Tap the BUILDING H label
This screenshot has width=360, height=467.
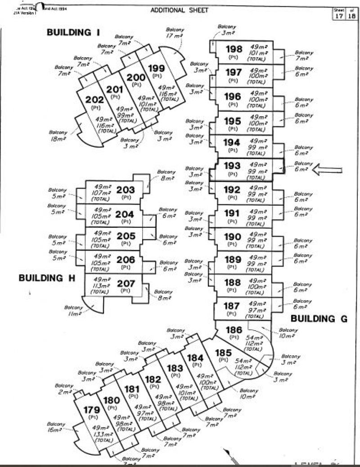click(x=46, y=278)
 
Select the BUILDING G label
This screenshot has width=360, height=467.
click(x=319, y=318)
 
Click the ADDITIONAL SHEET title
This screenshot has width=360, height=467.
click(x=179, y=10)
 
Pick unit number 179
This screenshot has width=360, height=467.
click(x=91, y=410)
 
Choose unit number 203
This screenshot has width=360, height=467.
click(x=126, y=190)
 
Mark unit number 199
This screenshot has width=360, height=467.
click(x=156, y=68)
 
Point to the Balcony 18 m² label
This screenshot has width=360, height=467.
click(x=59, y=136)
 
